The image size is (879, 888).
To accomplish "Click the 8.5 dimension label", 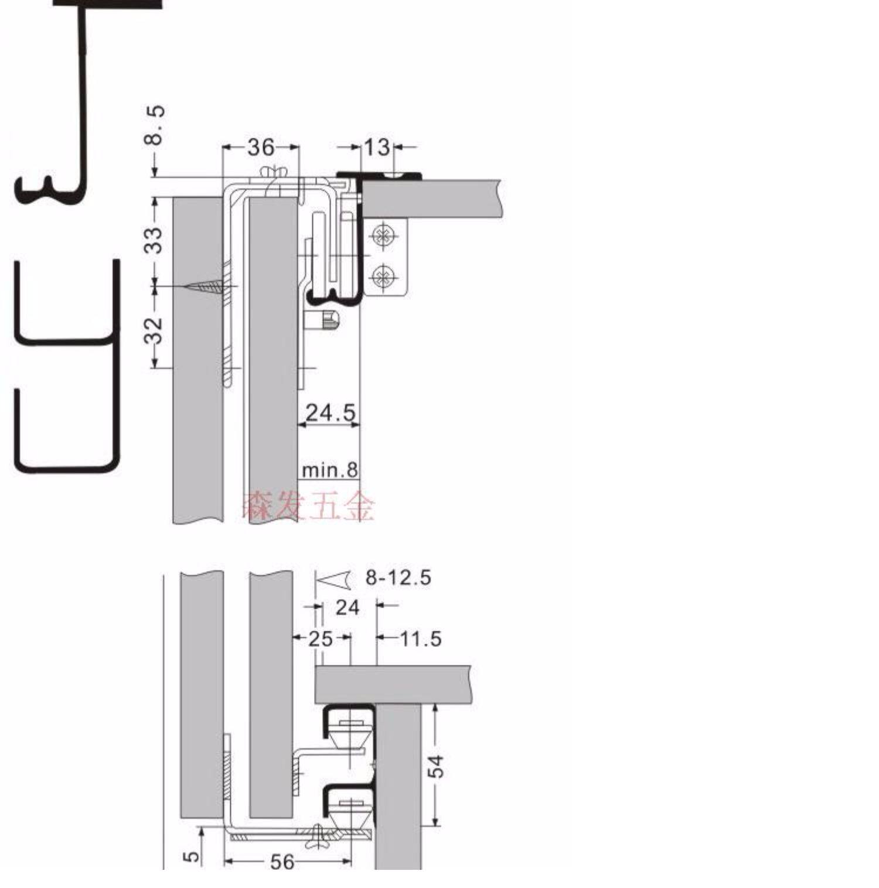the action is [x=155, y=125].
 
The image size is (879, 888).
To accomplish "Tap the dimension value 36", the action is [x=261, y=147].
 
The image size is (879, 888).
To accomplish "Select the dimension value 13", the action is [x=377, y=147].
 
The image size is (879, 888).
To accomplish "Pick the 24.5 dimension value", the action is [x=331, y=413].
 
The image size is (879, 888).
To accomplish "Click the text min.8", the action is [x=329, y=469].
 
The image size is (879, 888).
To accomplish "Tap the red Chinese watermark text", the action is [x=308, y=507].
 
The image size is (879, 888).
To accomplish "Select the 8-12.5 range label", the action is [x=398, y=578].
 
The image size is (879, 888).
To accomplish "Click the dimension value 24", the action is [x=347, y=607].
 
